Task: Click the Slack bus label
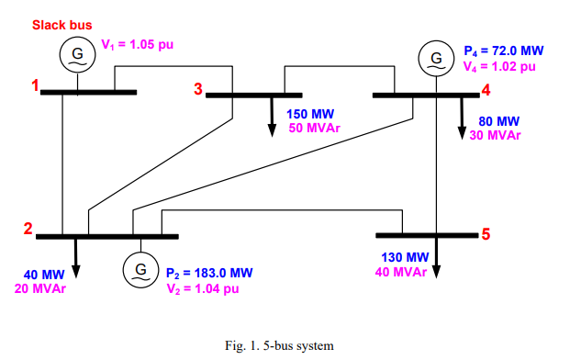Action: [61, 25]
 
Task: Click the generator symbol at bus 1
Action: [76, 55]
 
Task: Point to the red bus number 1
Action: [36, 87]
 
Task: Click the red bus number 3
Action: [197, 89]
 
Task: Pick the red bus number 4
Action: [486, 90]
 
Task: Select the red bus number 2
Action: [28, 231]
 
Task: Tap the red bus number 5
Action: [486, 233]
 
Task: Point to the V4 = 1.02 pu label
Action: [501, 66]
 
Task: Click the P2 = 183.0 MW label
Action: [209, 273]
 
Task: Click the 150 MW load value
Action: [310, 114]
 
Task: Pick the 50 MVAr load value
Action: [314, 128]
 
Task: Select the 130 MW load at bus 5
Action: [405, 257]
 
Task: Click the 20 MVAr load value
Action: [39, 288]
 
